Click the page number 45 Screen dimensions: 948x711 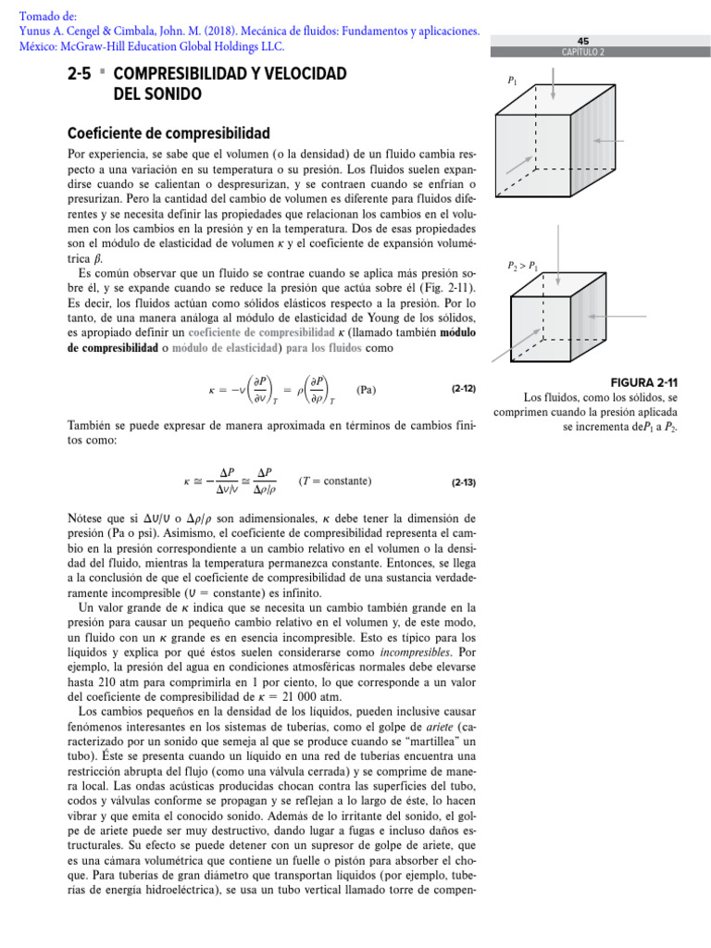click(582, 42)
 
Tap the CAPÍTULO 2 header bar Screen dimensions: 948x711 click(582, 52)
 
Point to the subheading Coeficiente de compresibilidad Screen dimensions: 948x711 click(169, 133)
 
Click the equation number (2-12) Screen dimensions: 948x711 click(463, 390)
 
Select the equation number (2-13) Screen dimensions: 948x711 click(463, 482)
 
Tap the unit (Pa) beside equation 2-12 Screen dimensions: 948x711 click(367, 390)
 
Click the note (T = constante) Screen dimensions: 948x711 click(335, 481)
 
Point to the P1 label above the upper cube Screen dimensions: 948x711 click(513, 82)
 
